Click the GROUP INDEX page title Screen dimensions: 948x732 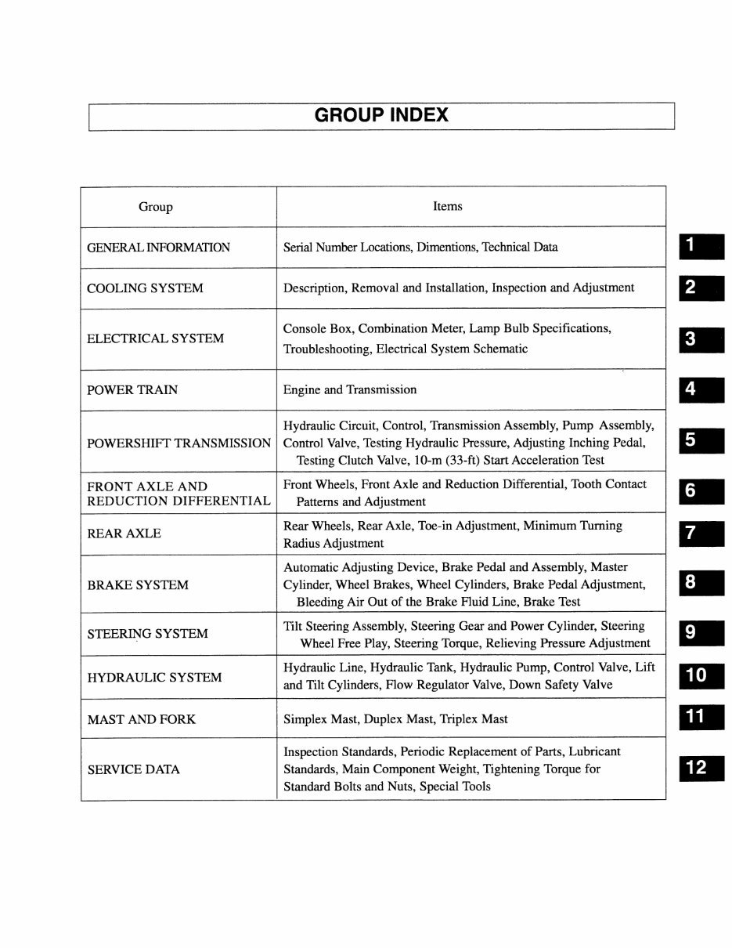pos(381,115)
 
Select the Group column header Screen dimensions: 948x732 pos(155,207)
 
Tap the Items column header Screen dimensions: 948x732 pos(447,206)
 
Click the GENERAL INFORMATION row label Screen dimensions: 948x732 pos(158,248)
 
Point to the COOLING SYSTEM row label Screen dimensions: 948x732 pos(145,288)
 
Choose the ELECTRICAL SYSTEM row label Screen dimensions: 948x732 pos(155,338)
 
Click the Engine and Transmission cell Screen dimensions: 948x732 pos(350,389)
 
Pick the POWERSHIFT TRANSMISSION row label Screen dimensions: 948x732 pos(178,443)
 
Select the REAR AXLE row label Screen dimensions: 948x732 pos(124,534)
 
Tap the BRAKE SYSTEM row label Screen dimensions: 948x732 pos(138,584)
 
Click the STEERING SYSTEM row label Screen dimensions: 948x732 pos(147,634)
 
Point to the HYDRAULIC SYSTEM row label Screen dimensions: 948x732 pos(154,677)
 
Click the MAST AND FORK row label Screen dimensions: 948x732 pos(141,718)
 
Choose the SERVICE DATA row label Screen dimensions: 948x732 pos(133,769)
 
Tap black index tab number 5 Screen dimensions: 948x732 pos(701,440)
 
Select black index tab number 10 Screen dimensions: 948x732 pos(701,675)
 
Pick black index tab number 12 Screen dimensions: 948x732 pos(701,768)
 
